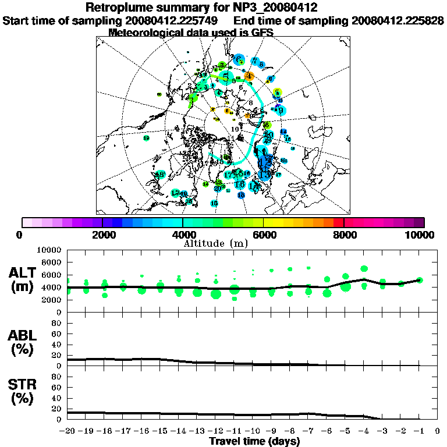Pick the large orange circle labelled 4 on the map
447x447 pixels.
click(x=249, y=76)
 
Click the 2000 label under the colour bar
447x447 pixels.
click(x=102, y=235)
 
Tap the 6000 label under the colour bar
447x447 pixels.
click(x=263, y=235)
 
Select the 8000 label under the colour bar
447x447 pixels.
click(x=344, y=235)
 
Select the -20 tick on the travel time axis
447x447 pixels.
click(x=68, y=431)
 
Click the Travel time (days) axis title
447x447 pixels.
click(x=254, y=442)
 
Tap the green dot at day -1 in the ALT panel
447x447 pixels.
click(x=419, y=280)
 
